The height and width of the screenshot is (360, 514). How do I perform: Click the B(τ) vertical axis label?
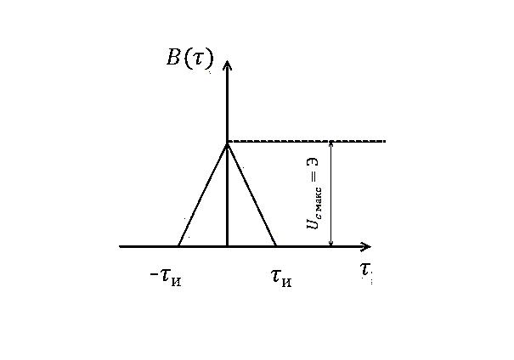(189, 59)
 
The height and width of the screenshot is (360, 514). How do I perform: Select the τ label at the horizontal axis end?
(364, 271)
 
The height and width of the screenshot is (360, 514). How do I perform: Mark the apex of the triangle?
(227, 143)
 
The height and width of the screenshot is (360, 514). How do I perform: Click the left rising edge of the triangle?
(202, 194)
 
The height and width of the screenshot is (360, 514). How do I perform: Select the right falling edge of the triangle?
(251, 194)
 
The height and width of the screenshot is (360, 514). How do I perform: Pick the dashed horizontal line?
(306, 141)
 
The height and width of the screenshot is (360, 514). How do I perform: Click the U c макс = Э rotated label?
(313, 194)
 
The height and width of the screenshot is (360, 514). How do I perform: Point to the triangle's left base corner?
(178, 246)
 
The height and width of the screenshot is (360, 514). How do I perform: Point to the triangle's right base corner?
(276, 246)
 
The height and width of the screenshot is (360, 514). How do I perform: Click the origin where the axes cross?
(227, 246)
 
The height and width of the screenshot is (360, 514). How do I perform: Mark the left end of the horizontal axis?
(121, 246)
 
